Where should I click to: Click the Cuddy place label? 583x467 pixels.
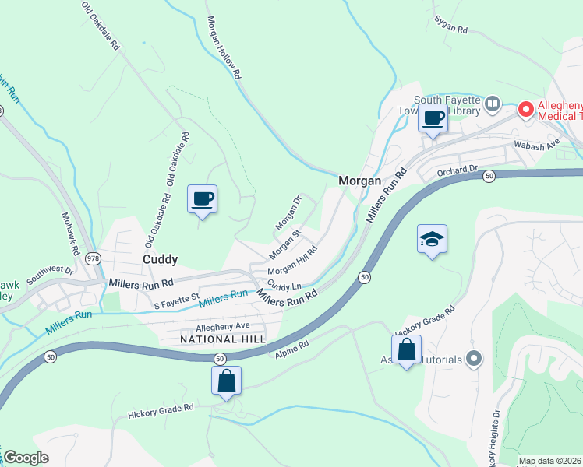pos(160,259)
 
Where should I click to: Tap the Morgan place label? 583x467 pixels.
pos(359,181)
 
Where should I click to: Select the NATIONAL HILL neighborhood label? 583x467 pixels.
pos(223,340)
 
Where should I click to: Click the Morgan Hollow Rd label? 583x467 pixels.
pos(223,49)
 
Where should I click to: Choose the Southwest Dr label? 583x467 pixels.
pos(49,276)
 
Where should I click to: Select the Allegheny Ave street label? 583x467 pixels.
pos(223,326)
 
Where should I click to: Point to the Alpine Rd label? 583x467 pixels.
pos(292,348)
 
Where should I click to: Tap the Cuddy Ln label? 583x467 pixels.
pos(284,285)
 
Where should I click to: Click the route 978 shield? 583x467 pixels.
pos(94,258)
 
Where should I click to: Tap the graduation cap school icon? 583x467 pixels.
pos(432,240)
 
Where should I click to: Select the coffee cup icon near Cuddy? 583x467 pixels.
pos(202,199)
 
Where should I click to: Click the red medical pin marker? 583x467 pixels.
pos(526,110)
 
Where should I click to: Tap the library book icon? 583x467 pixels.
pos(492,104)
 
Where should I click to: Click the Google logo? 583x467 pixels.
pos(26,458)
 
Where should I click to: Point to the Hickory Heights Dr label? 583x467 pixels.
pos(495,436)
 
